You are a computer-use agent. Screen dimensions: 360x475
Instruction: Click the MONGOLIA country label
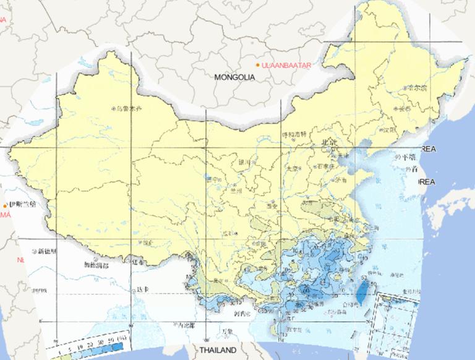(234, 77)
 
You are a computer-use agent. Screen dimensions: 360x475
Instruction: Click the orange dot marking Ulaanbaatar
(259, 64)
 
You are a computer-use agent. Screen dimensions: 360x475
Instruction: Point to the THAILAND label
(218, 351)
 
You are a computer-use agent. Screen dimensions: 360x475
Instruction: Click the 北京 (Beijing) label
(328, 143)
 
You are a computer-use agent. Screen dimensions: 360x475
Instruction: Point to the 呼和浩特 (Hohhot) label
(294, 134)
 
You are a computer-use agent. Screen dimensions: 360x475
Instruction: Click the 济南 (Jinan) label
(341, 180)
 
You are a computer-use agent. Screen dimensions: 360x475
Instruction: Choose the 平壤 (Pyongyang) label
(407, 158)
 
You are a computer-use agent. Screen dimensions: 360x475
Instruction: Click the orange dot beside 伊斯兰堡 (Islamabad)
(6, 205)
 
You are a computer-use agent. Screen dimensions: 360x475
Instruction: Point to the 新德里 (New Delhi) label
(46, 252)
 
